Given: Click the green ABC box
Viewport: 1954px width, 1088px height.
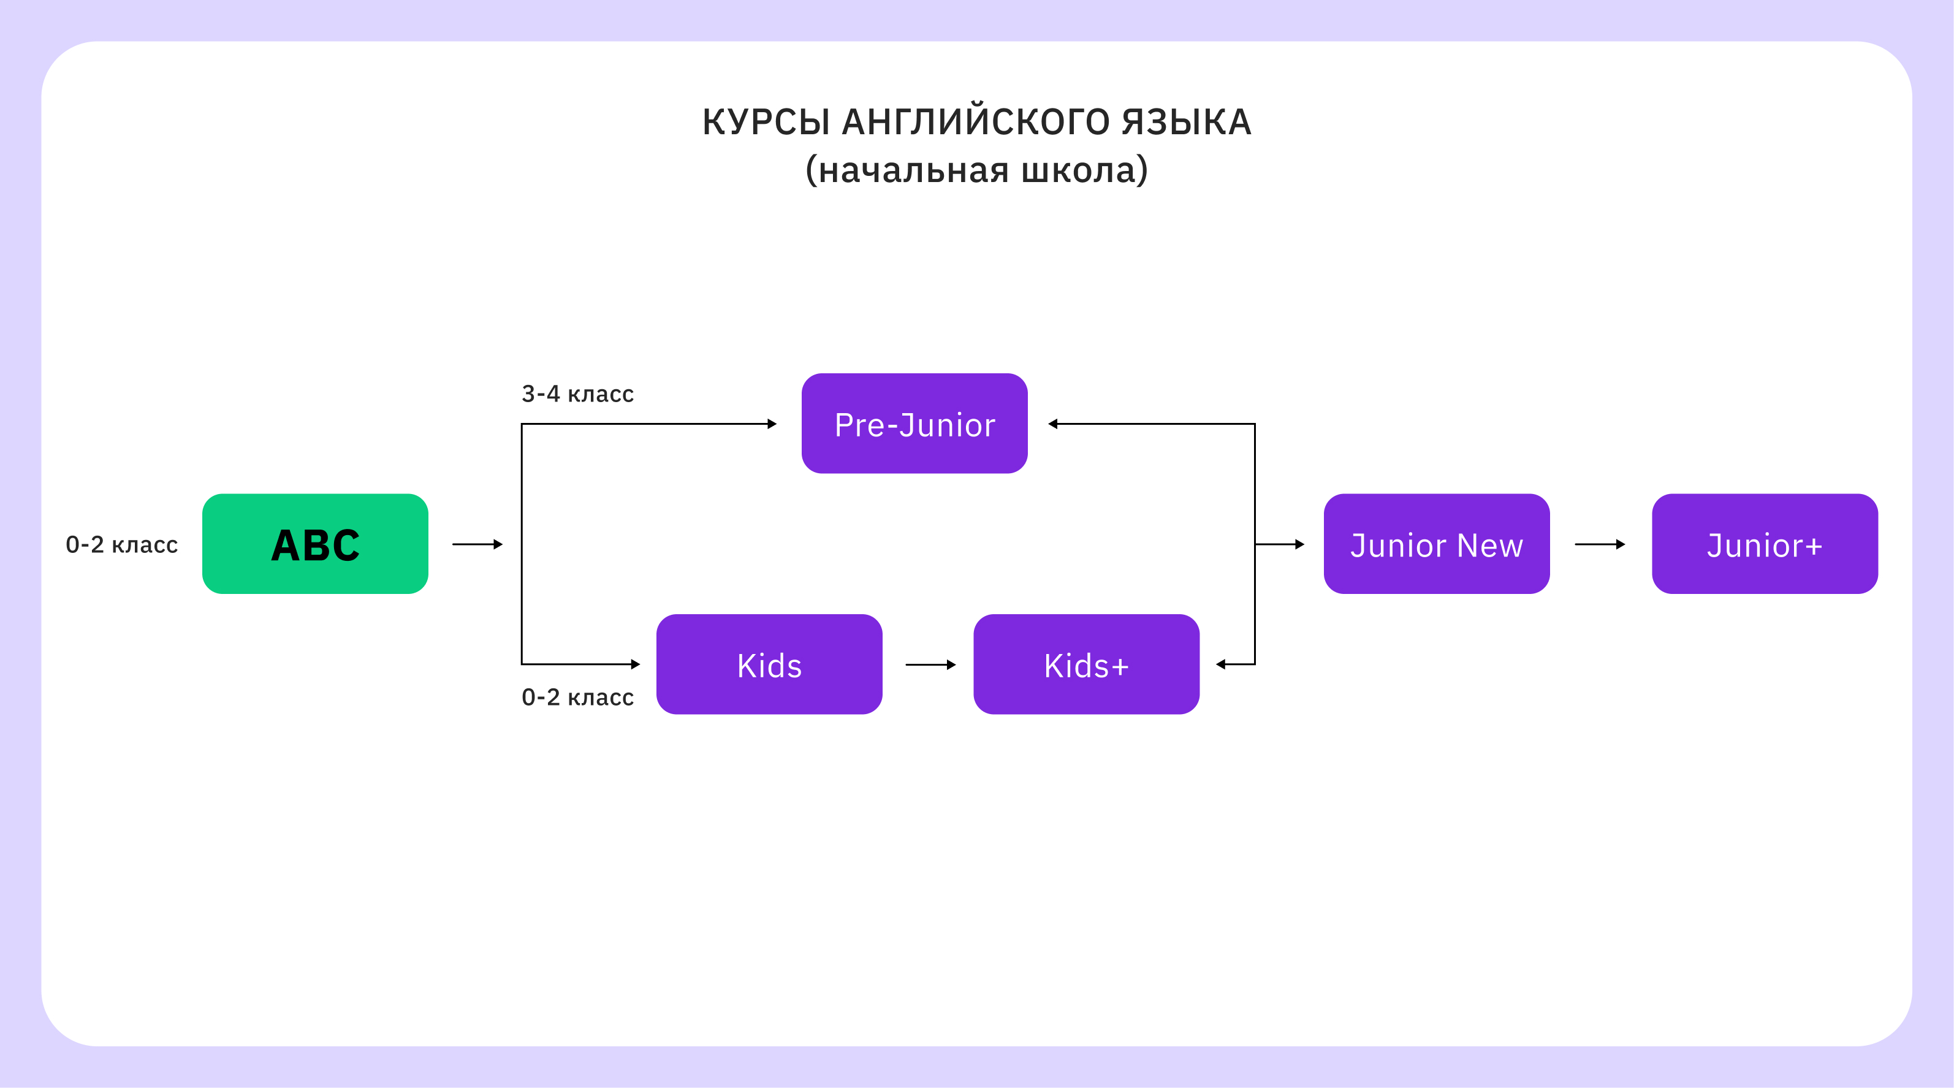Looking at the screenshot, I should pos(315,544).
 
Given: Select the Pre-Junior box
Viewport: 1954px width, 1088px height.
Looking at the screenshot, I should pos(914,424).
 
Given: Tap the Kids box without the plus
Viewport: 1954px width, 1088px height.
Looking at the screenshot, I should pos(769,664).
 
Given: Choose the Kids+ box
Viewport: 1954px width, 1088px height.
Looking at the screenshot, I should pos(1085,664).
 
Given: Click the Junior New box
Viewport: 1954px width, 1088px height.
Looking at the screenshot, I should pos(1436,544).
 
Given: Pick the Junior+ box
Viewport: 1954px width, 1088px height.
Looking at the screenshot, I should pos(1765,544).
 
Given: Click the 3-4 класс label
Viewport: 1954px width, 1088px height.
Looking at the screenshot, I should pos(577,394).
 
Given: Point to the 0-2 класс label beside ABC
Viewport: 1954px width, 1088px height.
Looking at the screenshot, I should pos(121,544).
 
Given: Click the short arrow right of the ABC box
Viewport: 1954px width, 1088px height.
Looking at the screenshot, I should pos(477,544).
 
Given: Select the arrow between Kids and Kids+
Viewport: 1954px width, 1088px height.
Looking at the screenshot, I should pos(930,664).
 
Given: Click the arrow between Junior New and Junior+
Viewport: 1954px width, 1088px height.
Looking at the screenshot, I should pos(1600,544).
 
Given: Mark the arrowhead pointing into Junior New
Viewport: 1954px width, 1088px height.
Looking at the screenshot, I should pos(1299,544).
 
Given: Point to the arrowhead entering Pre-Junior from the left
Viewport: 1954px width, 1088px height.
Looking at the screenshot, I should pos(772,424).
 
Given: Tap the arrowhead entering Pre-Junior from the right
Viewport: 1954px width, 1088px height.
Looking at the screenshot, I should pos(1053,424).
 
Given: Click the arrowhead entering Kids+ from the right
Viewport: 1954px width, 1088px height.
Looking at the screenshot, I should pos(1220,664).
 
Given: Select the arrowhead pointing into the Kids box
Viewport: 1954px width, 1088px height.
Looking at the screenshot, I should pos(636,664).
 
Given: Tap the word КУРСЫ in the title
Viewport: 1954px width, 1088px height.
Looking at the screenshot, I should pos(766,122).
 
